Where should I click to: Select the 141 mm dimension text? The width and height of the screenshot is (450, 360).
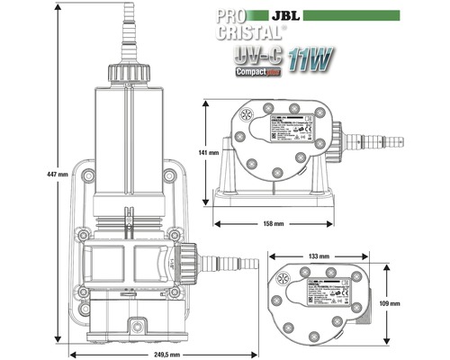click(204, 152)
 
